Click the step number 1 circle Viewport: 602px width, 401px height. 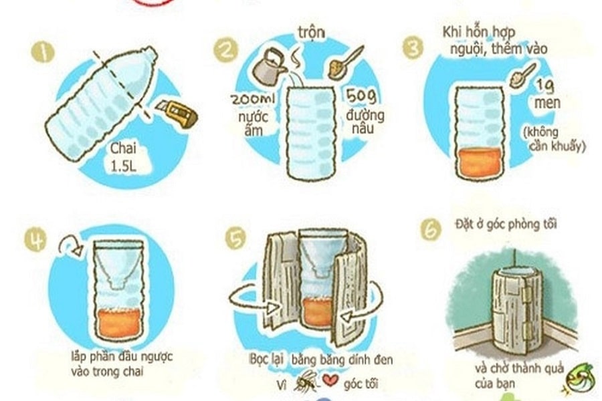tap(43, 52)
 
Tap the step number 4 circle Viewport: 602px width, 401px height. tap(35, 239)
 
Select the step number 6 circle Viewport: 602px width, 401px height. tap(431, 229)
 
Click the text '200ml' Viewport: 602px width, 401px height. tap(253, 99)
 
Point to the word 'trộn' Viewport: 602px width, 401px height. tap(311, 32)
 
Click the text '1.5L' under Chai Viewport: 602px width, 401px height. tap(124, 166)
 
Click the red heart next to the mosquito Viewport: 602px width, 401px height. tap(330, 380)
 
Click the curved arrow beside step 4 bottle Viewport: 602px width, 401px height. tap(71, 245)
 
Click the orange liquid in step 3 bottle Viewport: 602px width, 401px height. tap(479, 163)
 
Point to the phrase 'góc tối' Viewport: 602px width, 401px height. tap(361, 384)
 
